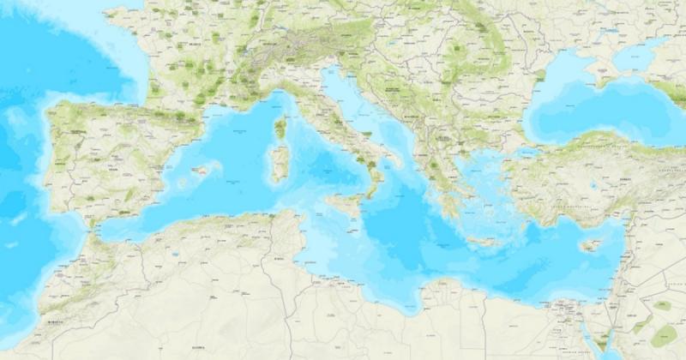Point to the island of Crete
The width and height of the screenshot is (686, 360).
point(483,242)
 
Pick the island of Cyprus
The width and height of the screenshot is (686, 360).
point(589,246)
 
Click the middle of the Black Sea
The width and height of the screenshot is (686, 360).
point(592,103)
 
